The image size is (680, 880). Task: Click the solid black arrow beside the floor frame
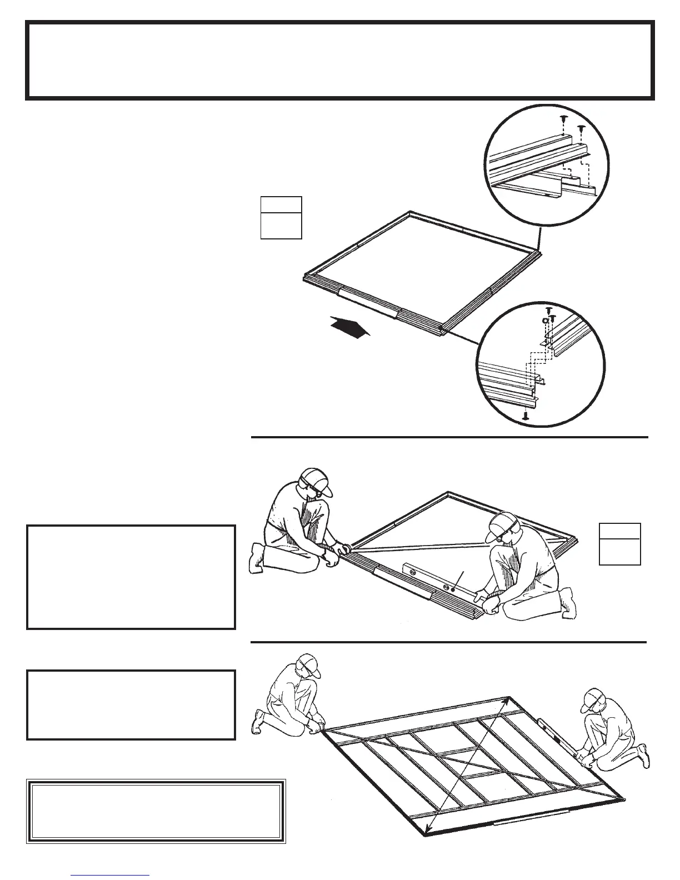point(349,326)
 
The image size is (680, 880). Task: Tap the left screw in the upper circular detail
point(563,119)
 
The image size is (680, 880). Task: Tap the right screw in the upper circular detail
point(581,129)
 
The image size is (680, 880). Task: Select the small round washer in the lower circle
point(546,321)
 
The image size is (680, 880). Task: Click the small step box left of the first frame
point(281,218)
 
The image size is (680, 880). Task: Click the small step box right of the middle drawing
point(619,544)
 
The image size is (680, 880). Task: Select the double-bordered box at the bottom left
point(156,811)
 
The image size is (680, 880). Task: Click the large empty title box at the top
point(340,61)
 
